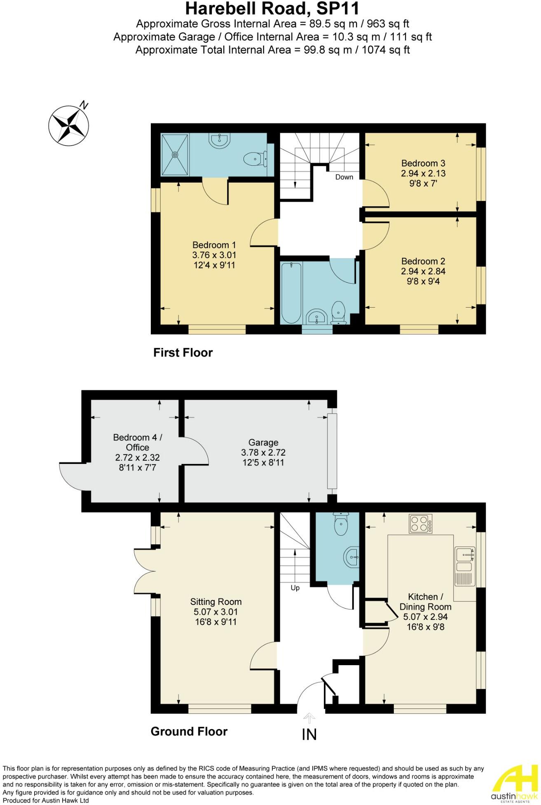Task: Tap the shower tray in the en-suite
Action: [x=175, y=155]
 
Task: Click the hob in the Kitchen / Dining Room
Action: [x=421, y=523]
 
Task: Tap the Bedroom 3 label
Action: [x=423, y=163]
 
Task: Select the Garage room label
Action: [x=263, y=443]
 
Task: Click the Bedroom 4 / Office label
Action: [x=138, y=442]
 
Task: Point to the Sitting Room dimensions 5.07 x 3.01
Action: [x=215, y=612]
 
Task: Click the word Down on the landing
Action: [x=344, y=177]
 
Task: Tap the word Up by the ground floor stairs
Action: [x=295, y=588]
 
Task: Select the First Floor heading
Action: [x=183, y=353]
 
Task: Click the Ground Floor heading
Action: [x=189, y=732]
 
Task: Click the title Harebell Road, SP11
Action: [x=272, y=8]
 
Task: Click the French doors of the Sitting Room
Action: [x=144, y=571]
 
